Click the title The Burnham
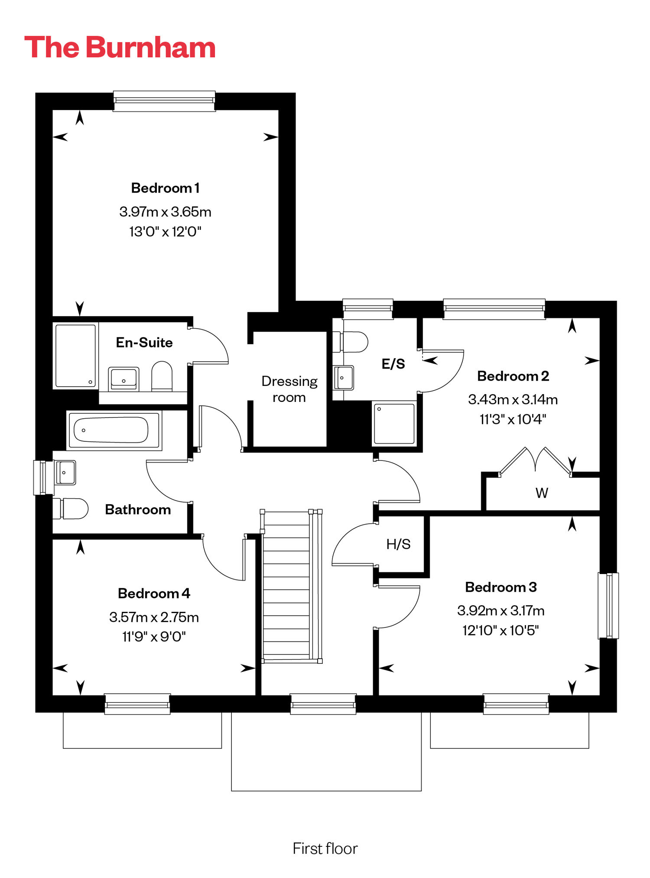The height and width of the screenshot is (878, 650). [120, 47]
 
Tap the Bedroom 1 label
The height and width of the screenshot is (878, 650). [165, 188]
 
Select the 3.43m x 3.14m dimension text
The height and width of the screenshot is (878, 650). [513, 399]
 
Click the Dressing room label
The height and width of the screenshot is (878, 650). [289, 389]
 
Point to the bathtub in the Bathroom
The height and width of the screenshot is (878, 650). [114, 430]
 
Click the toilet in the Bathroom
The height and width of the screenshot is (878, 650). [70, 508]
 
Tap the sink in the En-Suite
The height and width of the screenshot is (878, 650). [123, 379]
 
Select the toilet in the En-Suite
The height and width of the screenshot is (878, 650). [162, 376]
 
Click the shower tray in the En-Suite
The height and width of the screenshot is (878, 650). [75, 356]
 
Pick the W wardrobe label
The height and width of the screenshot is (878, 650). [542, 493]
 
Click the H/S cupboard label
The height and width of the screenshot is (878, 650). [398, 544]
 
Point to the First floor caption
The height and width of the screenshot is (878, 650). [325, 849]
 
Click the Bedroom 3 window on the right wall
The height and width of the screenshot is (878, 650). [608, 605]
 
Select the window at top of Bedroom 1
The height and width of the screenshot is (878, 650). [164, 101]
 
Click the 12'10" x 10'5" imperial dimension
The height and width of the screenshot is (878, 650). [500, 630]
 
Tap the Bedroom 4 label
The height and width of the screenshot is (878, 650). [154, 593]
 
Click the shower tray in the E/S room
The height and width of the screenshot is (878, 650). [394, 423]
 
